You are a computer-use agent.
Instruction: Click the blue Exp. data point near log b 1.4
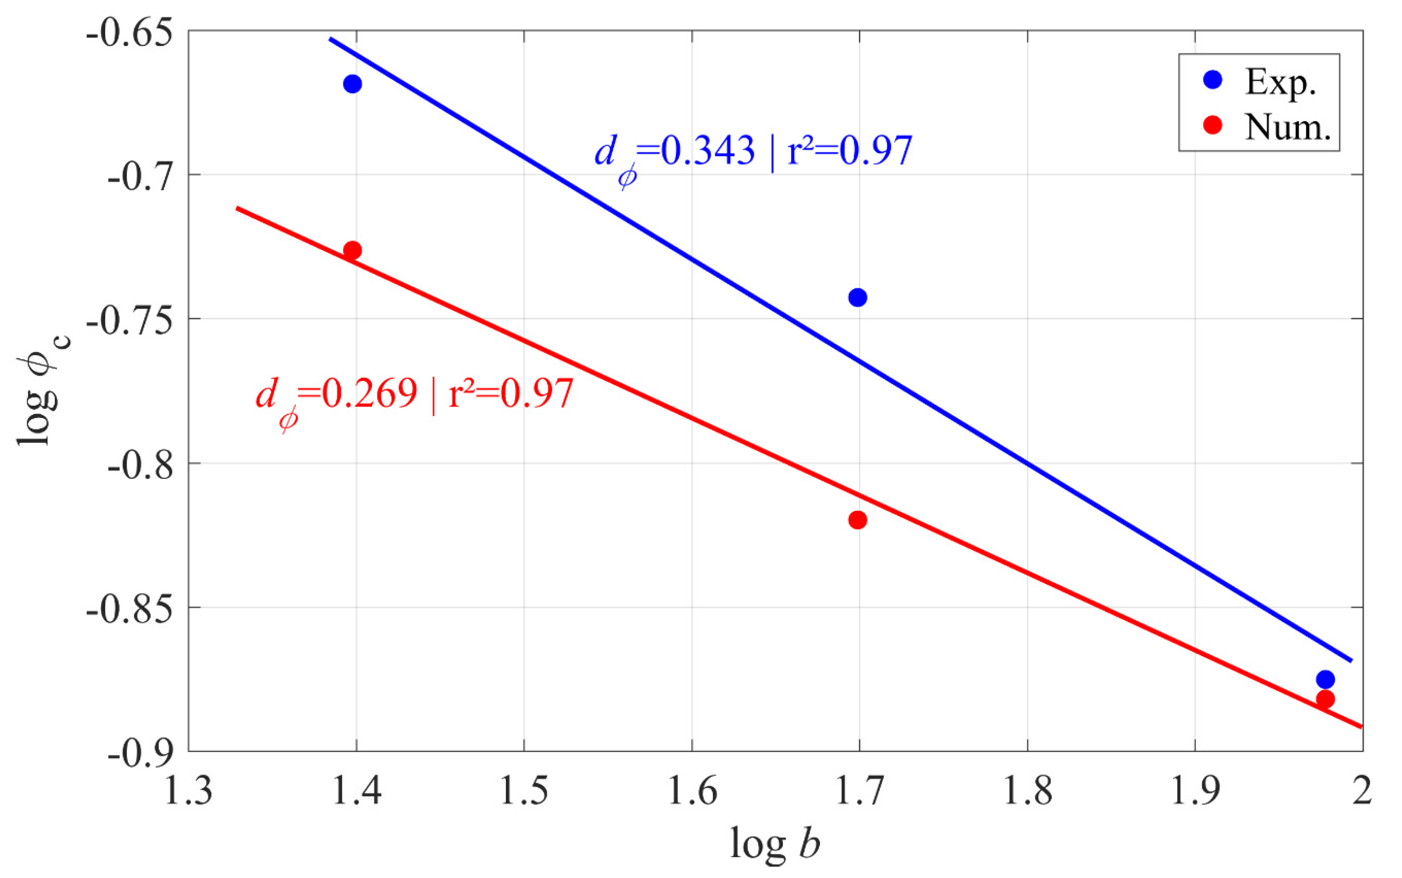pos(352,84)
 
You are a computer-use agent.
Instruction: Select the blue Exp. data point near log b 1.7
pos(858,298)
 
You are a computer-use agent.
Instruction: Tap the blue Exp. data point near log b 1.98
pos(1325,679)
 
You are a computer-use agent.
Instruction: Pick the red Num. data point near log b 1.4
pos(352,251)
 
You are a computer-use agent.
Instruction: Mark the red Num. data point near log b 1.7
pos(858,520)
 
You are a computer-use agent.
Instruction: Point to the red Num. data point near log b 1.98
pos(1325,699)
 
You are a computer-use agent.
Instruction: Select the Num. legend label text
pos(1287,126)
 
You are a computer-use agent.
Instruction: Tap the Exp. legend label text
pos(1280,83)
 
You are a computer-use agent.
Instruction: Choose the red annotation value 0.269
pos(369,393)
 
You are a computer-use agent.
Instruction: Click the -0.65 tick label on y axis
pos(129,32)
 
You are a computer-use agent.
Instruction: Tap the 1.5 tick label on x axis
pos(524,791)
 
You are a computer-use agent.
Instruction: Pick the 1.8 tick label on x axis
pos(1028,791)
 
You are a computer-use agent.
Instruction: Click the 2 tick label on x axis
pos(1361,791)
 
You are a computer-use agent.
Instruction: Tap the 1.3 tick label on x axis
pos(189,791)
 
